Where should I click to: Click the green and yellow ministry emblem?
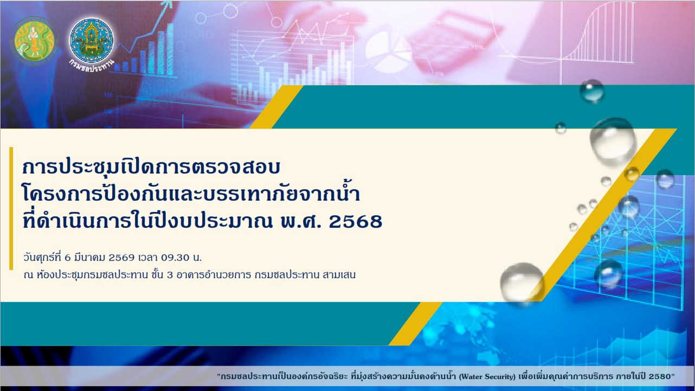click(34, 41)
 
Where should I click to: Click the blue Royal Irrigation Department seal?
click(91, 40)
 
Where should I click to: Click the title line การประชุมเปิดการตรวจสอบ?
click(151, 168)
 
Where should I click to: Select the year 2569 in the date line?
click(121, 258)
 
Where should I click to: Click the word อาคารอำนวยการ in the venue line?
click(214, 275)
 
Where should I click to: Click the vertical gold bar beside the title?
click(11, 208)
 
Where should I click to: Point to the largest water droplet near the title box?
click(613, 141)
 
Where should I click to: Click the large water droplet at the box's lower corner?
click(522, 283)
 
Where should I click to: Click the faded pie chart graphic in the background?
click(388, 51)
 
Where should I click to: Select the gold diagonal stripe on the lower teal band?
click(415, 324)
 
